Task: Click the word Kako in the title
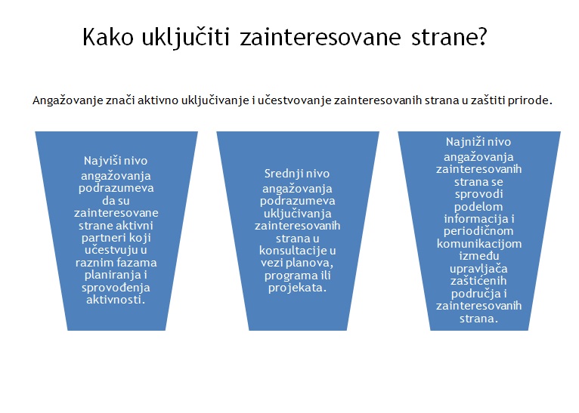tap(108, 37)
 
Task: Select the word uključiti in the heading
tap(186, 39)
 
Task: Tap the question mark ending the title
tap(482, 37)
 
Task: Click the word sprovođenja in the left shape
tap(116, 288)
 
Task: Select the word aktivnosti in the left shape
tap(116, 300)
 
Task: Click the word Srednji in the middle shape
tap(280, 174)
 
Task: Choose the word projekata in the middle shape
tap(297, 288)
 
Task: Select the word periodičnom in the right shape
tap(478, 232)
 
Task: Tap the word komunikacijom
tap(479, 244)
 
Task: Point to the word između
tap(479, 256)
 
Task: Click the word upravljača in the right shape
tap(478, 270)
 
